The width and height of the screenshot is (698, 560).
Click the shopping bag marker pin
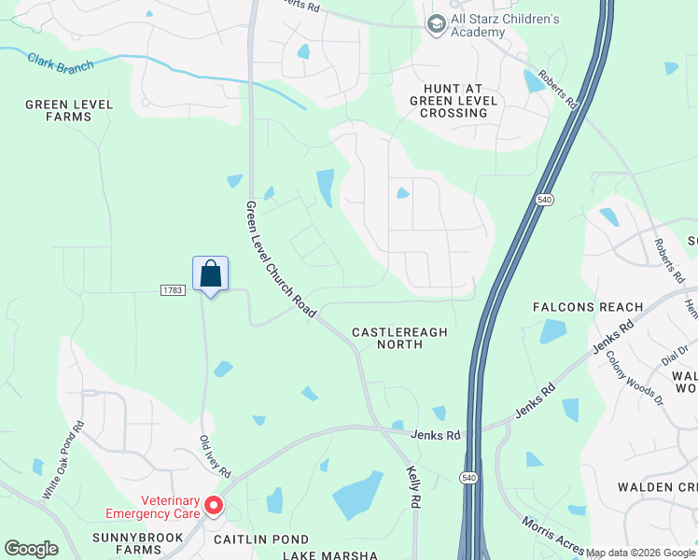(210, 274)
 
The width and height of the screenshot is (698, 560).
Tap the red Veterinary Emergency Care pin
(214, 505)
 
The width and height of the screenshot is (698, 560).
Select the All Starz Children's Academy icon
(435, 24)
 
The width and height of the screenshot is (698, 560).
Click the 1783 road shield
(173, 290)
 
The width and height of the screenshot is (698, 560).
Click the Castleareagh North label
(399, 338)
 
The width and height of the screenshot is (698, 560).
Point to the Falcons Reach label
(588, 307)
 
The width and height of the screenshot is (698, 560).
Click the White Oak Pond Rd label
(63, 458)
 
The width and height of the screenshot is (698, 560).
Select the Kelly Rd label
(412, 488)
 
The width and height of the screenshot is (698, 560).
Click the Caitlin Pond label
(262, 539)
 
